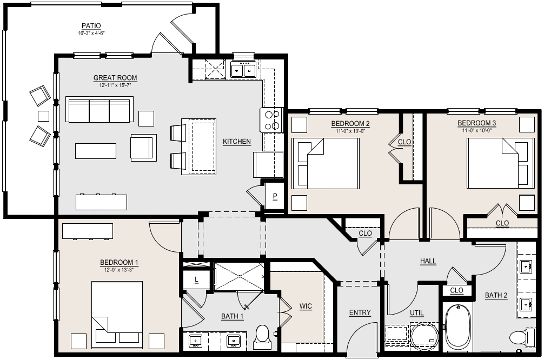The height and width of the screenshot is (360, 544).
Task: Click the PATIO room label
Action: click(x=91, y=25)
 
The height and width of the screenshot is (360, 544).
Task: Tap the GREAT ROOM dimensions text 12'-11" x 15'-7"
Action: click(x=115, y=85)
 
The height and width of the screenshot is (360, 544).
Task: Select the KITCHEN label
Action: click(x=237, y=142)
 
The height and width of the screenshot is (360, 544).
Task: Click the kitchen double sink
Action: click(x=243, y=70)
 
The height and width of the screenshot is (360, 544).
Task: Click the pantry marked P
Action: click(x=275, y=197)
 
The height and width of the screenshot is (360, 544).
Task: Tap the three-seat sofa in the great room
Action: click(x=99, y=109)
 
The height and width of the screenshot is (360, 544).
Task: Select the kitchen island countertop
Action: click(x=199, y=146)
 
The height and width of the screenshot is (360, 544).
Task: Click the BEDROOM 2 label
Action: click(x=350, y=123)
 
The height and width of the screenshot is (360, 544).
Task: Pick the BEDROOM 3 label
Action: click(x=476, y=123)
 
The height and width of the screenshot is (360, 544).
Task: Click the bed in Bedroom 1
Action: click(x=117, y=315)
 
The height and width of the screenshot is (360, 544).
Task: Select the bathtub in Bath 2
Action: click(x=458, y=328)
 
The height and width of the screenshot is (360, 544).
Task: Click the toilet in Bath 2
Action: click(x=522, y=337)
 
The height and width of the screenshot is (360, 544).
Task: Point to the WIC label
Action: click(x=306, y=306)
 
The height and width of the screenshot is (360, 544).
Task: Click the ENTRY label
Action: click(x=360, y=312)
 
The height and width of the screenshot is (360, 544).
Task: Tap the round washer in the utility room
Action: click(x=424, y=337)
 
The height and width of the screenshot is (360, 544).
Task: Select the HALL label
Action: click(x=428, y=261)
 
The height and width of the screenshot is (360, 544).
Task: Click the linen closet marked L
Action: click(x=196, y=279)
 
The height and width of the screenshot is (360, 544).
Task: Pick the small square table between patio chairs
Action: click(x=43, y=116)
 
